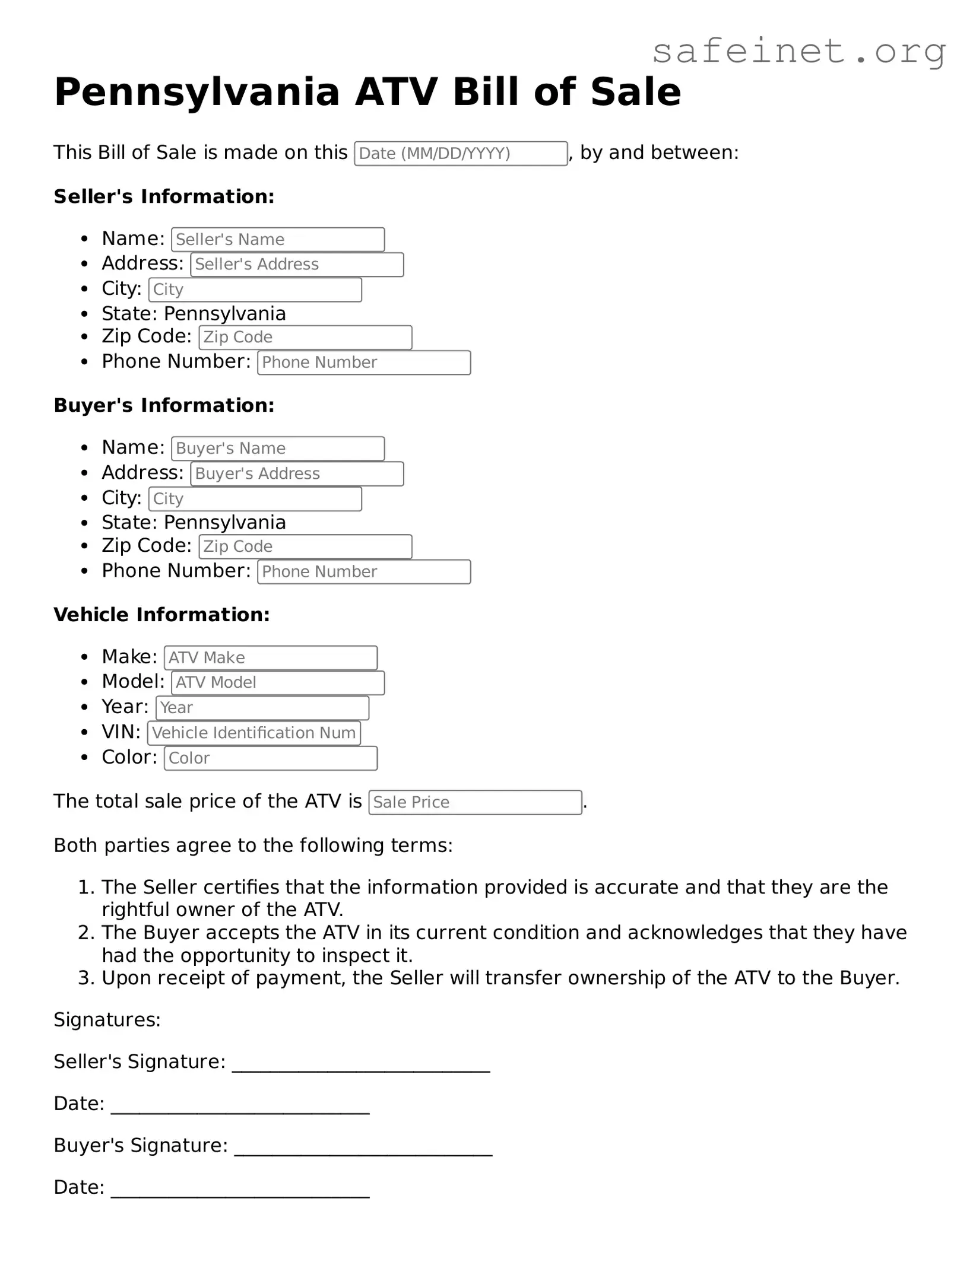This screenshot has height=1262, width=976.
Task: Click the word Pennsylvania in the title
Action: [197, 92]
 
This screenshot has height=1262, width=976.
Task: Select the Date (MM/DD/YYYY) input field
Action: [461, 154]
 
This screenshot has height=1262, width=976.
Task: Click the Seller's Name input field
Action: [278, 240]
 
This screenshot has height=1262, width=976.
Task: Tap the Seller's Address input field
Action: [297, 265]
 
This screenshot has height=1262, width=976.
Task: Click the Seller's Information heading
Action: [164, 196]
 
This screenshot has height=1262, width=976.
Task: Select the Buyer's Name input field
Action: [278, 449]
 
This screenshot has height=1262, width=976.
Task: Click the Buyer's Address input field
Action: [297, 474]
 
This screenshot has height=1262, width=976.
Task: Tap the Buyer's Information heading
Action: [164, 405]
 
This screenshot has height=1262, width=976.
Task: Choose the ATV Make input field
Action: [271, 658]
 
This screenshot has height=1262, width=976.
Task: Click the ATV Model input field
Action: [278, 683]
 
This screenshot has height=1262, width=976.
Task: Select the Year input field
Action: [262, 708]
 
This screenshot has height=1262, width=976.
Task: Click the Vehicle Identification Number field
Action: [254, 733]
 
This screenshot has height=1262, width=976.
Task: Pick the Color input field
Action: [271, 758]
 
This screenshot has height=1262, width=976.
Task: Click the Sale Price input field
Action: [475, 803]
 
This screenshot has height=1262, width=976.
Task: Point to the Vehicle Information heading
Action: [161, 615]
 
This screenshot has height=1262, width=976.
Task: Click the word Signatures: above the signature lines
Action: [107, 1020]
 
